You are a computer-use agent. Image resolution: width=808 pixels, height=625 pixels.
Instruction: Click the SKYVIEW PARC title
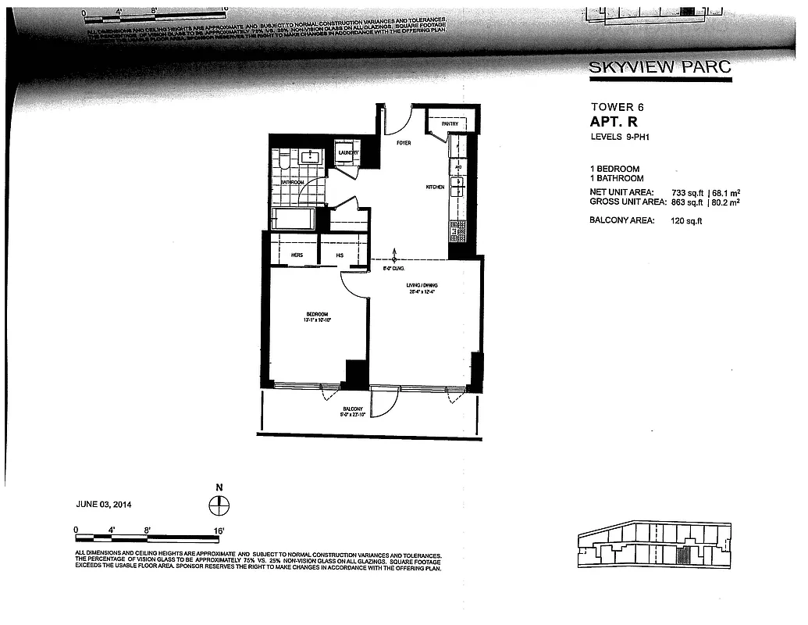tap(660, 66)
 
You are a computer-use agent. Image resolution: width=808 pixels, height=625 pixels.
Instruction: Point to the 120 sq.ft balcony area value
tap(687, 220)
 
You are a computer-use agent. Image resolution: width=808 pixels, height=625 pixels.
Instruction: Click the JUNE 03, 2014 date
tap(104, 505)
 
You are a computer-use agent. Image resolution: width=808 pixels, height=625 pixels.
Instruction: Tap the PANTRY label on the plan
tap(449, 124)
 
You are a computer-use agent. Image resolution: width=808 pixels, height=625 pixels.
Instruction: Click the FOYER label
tap(404, 144)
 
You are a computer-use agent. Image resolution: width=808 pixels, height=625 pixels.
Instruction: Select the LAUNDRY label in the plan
tap(347, 153)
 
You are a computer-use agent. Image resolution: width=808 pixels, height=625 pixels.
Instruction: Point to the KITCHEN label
tap(435, 187)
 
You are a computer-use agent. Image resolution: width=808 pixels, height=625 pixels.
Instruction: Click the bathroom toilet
tap(285, 161)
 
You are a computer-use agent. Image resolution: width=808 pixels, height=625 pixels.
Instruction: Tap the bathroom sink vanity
tap(311, 156)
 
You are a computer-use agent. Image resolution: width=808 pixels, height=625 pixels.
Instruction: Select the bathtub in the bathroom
tap(293, 219)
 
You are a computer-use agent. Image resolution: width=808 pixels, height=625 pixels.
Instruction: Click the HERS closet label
tap(297, 255)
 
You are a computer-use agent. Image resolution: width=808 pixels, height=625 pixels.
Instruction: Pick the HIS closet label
tap(340, 255)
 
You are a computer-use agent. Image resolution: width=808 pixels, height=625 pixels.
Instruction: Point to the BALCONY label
tap(353, 410)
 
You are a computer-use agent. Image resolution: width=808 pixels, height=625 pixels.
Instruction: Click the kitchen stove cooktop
tap(457, 231)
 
